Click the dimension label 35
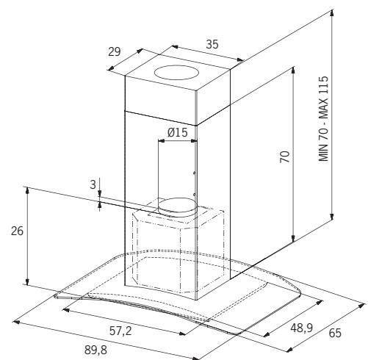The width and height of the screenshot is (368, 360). coord(212,45)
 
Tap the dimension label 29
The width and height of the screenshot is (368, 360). coord(115,51)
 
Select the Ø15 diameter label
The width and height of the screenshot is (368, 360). coord(178,132)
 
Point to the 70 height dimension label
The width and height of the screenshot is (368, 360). coord(285,156)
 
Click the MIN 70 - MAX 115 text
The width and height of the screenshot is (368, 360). coord(323,118)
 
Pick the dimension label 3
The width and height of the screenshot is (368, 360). coord(93,184)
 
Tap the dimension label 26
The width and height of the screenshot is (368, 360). coord(17,231)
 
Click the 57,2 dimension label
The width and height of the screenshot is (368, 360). coord(120,331)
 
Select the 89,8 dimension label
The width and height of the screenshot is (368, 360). coord(95,350)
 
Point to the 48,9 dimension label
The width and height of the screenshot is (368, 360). coord(302,328)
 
